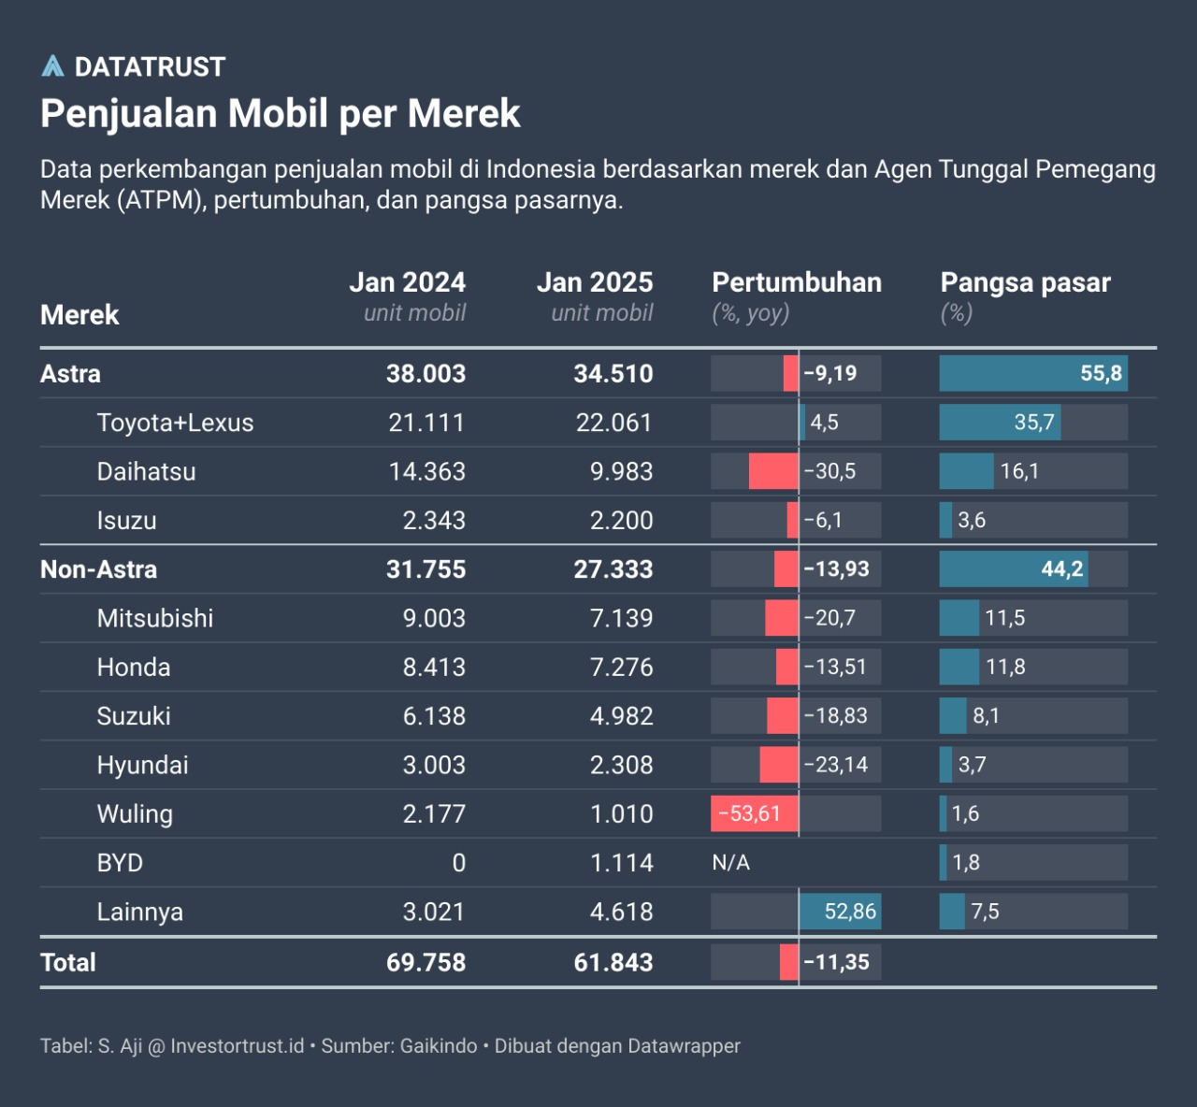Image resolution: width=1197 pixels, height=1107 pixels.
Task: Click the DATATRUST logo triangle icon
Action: (x=53, y=66)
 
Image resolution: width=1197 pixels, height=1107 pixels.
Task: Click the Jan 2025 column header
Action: (x=595, y=282)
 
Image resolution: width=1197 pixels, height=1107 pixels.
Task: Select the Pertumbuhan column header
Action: (x=797, y=282)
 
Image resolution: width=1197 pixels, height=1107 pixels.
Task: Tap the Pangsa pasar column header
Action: (x=1025, y=282)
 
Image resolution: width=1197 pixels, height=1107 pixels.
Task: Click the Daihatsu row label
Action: (x=146, y=471)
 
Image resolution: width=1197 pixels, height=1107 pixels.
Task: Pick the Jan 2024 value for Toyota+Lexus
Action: (x=426, y=423)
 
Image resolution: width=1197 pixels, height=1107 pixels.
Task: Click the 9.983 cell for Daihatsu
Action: (x=621, y=471)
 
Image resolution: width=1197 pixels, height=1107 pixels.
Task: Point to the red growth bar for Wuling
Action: (x=754, y=813)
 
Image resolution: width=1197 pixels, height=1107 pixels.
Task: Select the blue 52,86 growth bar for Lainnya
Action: (x=840, y=912)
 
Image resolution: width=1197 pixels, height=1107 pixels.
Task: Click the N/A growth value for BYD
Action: (x=731, y=863)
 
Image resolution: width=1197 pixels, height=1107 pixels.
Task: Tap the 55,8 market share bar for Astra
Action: (x=1033, y=373)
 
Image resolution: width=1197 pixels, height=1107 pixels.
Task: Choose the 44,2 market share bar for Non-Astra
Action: (x=1014, y=569)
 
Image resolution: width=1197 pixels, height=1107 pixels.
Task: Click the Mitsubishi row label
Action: (x=155, y=618)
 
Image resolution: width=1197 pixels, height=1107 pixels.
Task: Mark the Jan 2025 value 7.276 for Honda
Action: (x=621, y=668)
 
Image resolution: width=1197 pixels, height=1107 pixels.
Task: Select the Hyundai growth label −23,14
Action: (x=836, y=765)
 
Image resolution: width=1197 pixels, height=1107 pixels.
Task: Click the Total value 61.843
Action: (x=613, y=962)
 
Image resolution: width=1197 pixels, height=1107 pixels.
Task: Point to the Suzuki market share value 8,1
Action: (x=986, y=716)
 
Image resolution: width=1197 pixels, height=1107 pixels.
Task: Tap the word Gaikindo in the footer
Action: (x=438, y=1046)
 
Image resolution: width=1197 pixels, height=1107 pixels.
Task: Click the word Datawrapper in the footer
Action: (x=684, y=1046)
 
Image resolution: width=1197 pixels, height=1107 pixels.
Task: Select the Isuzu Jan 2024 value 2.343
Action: (x=434, y=521)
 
